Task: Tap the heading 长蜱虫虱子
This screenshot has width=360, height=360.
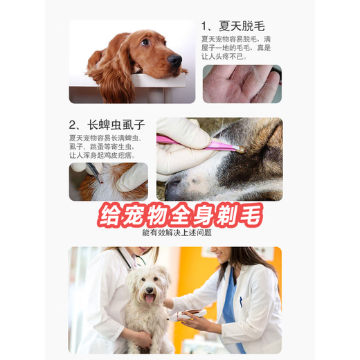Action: coord(107,125)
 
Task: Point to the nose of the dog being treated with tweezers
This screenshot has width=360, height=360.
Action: coord(174,184)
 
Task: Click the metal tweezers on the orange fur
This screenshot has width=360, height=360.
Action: coord(97,173)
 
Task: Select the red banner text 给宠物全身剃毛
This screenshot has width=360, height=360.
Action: coord(180,215)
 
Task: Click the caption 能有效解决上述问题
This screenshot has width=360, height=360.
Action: coord(179,234)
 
